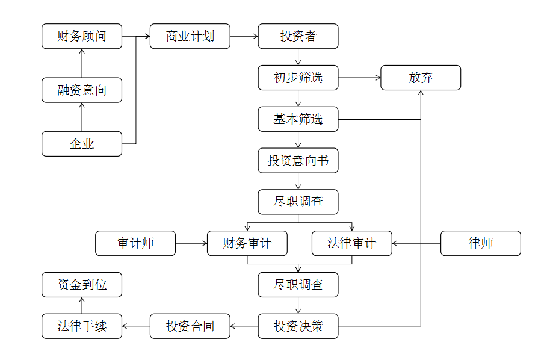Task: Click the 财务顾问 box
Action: click(x=82, y=36)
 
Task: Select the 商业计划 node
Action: click(x=190, y=36)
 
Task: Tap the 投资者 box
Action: click(x=298, y=36)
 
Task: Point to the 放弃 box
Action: click(x=421, y=78)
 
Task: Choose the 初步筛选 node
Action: click(x=298, y=78)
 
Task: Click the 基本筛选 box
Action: click(x=298, y=119)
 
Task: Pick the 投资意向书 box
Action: click(x=298, y=161)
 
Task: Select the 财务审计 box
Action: click(x=247, y=243)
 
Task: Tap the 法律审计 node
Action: click(x=351, y=243)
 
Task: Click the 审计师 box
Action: click(x=135, y=243)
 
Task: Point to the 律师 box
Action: click(x=480, y=243)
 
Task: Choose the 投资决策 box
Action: click(x=298, y=326)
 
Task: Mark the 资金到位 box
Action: click(x=82, y=285)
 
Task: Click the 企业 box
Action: click(x=82, y=144)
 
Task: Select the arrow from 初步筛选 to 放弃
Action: click(x=359, y=78)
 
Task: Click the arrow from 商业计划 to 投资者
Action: click(x=244, y=36)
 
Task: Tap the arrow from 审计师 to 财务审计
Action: click(x=191, y=243)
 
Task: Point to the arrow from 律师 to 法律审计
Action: click(x=416, y=243)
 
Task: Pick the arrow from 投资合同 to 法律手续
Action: click(x=136, y=326)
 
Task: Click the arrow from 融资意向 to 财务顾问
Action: click(x=82, y=63)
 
